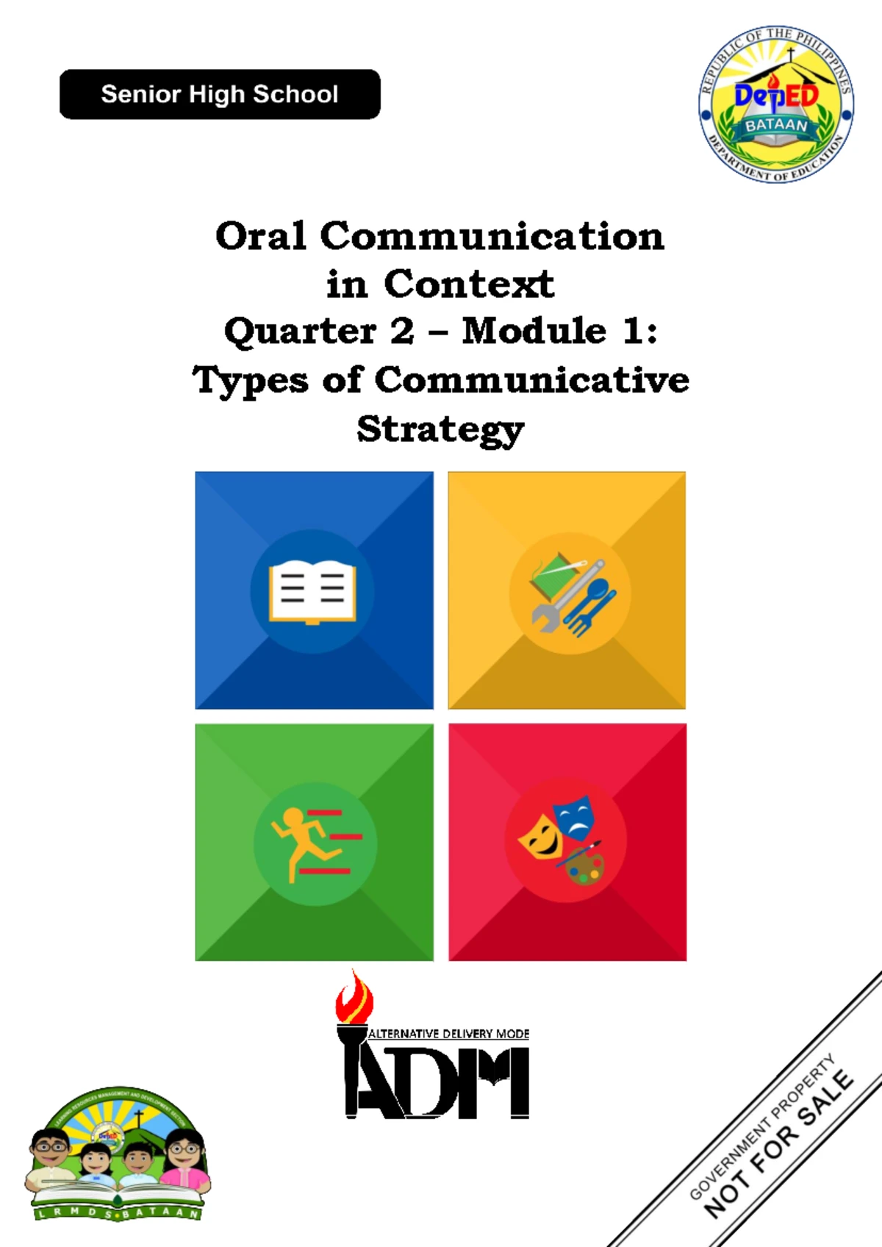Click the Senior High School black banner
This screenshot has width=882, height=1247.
click(220, 94)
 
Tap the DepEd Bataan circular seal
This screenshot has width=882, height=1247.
click(775, 104)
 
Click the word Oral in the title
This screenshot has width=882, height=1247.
click(260, 237)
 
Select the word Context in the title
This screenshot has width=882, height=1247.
click(468, 285)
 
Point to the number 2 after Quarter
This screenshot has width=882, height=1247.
click(402, 331)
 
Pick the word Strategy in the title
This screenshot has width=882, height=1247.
click(440, 429)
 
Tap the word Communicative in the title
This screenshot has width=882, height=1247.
click(531, 380)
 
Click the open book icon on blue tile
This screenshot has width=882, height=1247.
click(312, 592)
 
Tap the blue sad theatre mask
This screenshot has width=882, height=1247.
click(574, 816)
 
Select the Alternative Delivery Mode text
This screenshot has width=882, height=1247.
click(448, 1034)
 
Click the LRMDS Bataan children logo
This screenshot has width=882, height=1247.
click(118, 1154)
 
